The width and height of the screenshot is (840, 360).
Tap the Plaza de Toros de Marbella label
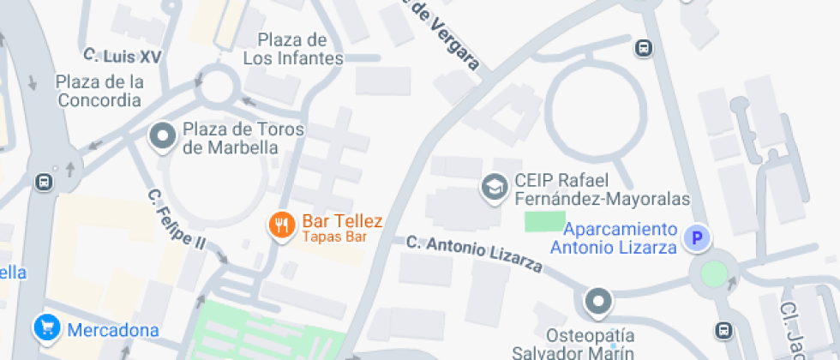click(231, 138)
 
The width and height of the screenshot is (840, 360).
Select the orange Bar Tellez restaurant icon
click(280, 225)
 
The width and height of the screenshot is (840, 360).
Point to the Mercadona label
click(113, 330)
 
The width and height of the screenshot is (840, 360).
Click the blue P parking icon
click(698, 237)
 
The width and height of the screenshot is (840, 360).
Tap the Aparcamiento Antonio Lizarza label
click(614, 238)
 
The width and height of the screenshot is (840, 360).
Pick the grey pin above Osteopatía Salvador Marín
click(597, 301)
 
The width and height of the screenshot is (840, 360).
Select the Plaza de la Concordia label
click(99, 91)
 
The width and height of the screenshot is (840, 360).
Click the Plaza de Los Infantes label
click(293, 49)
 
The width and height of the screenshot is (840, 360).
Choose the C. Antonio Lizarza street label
click(474, 255)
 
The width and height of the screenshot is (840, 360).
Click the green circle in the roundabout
click(713, 274)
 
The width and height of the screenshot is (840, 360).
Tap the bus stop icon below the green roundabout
click(724, 329)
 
